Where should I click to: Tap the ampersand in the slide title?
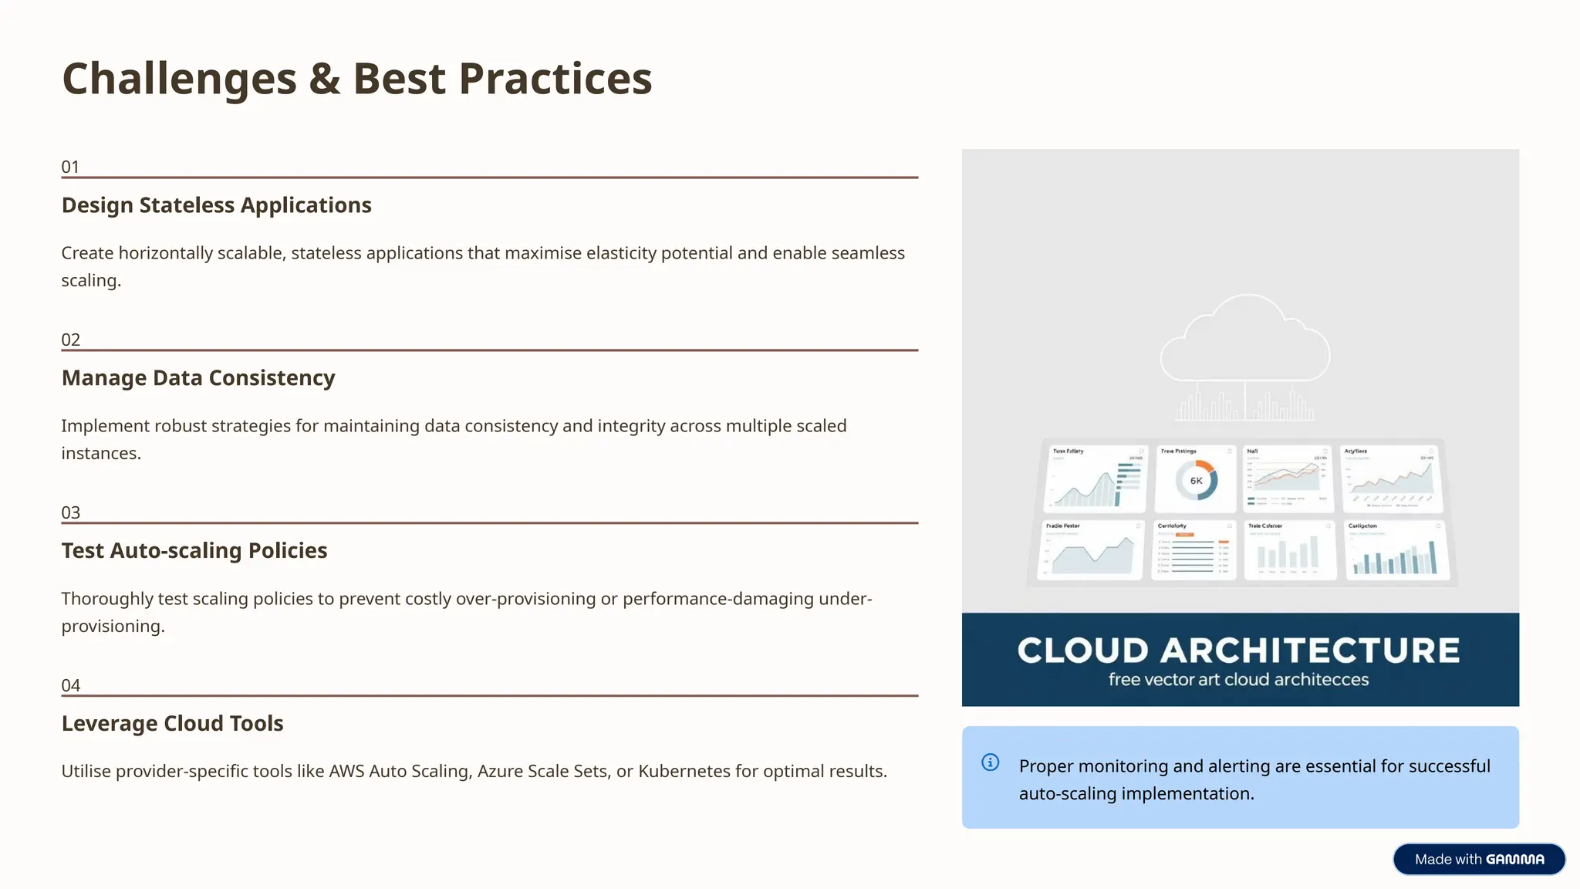325,79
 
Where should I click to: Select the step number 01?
70,167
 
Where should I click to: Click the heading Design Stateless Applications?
216,205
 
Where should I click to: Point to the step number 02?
70,340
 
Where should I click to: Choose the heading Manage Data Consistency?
198,378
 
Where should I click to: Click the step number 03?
70,512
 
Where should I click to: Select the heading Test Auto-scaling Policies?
194,551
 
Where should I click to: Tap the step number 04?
70,685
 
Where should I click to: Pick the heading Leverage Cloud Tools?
172,724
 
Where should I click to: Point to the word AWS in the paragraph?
346,772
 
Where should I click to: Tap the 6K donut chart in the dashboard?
1196,481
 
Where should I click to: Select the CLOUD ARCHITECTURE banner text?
1238,651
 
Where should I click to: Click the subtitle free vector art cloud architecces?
1238,680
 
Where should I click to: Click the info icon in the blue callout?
991,762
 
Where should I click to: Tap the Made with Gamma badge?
1479,859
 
